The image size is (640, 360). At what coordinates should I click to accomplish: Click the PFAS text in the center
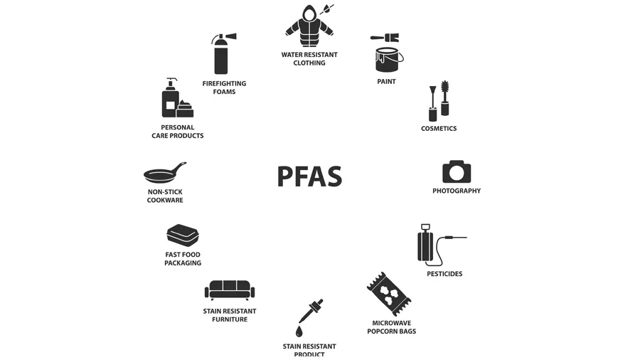309,176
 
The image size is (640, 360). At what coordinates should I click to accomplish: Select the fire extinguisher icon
221,54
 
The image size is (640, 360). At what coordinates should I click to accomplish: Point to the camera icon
457,172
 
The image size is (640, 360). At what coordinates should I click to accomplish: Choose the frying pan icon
164,174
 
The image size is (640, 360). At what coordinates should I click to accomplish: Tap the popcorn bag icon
389,294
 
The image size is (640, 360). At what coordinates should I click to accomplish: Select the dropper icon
310,312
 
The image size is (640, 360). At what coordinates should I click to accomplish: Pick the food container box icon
183,235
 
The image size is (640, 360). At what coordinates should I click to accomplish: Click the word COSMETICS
439,129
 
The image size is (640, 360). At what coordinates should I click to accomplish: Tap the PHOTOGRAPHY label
457,191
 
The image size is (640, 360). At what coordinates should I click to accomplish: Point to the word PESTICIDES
444,274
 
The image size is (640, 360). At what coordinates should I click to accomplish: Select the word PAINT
386,82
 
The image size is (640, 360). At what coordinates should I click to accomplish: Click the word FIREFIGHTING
224,83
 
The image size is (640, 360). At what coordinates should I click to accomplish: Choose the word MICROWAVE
392,322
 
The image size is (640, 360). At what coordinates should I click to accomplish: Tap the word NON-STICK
165,191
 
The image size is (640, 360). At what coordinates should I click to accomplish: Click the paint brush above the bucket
384,38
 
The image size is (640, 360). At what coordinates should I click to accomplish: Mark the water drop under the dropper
299,332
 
